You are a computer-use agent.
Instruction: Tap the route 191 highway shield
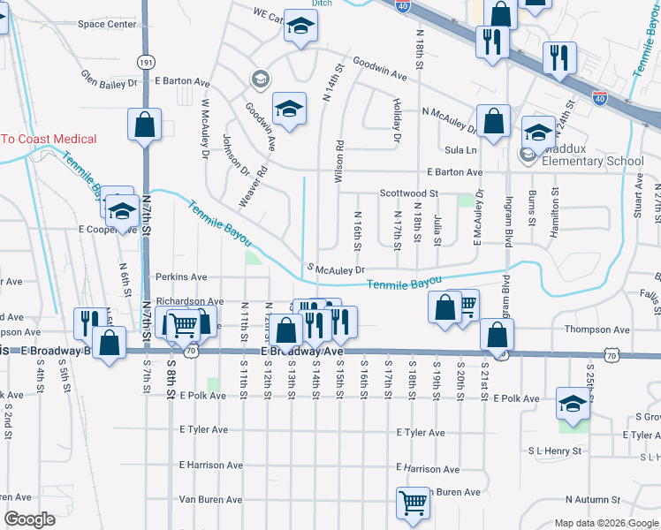point(146,62)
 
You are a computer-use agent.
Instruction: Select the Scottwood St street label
point(409,193)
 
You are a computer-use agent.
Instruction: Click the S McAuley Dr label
point(336,269)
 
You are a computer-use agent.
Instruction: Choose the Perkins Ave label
point(181,276)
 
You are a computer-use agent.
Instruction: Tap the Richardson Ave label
point(190,301)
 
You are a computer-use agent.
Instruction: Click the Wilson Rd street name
point(338,160)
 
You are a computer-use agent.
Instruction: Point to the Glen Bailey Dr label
point(110,79)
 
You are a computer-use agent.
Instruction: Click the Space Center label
point(107,24)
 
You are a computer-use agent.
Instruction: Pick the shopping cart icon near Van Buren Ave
point(413,503)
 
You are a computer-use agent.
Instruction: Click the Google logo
point(29,519)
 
